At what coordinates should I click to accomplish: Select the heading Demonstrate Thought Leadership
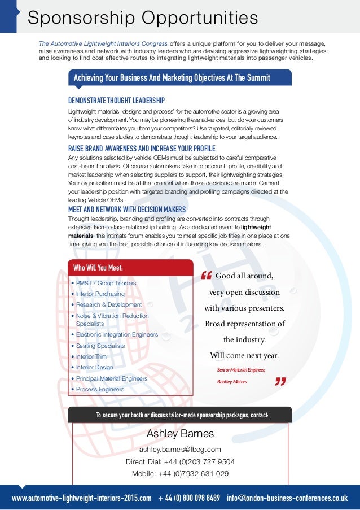click(x=116, y=101)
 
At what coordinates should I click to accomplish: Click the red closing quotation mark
click(x=279, y=381)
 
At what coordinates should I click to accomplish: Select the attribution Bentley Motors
click(x=232, y=382)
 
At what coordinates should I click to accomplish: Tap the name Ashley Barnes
click(x=180, y=434)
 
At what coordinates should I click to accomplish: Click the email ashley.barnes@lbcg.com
click(x=180, y=450)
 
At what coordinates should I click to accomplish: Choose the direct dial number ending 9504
click(x=180, y=461)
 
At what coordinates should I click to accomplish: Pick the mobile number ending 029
click(x=180, y=473)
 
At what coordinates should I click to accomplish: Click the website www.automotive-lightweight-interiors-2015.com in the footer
click(x=82, y=499)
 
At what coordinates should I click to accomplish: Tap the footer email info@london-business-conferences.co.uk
click(x=287, y=499)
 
